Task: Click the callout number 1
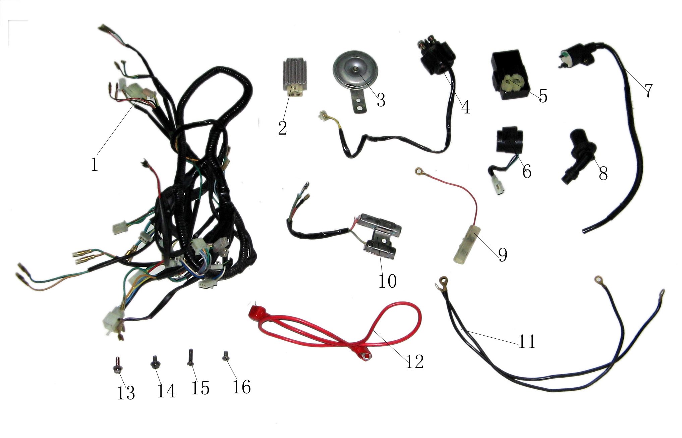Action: pos(95,164)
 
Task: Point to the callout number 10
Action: pos(388,281)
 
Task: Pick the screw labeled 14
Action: pos(155,362)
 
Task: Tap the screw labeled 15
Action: pos(190,357)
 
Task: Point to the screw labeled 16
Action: pos(225,356)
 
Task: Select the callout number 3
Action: pos(381,100)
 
